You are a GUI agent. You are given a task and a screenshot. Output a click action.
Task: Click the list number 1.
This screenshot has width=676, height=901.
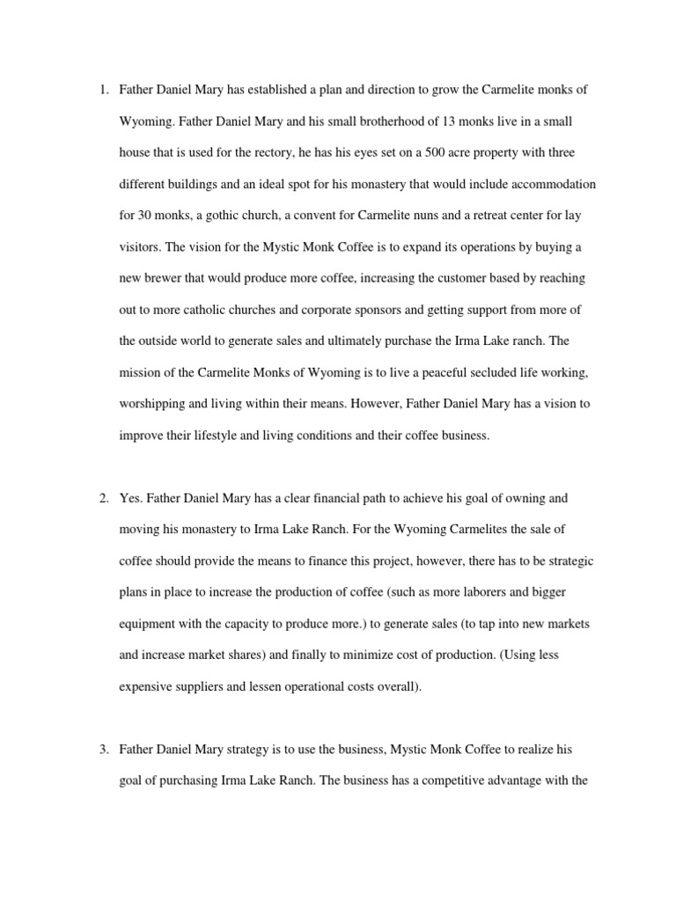click(x=101, y=90)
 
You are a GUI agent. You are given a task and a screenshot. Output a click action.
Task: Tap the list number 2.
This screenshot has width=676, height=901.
click(x=101, y=498)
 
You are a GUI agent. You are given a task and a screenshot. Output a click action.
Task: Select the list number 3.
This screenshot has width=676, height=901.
click(x=101, y=724)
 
